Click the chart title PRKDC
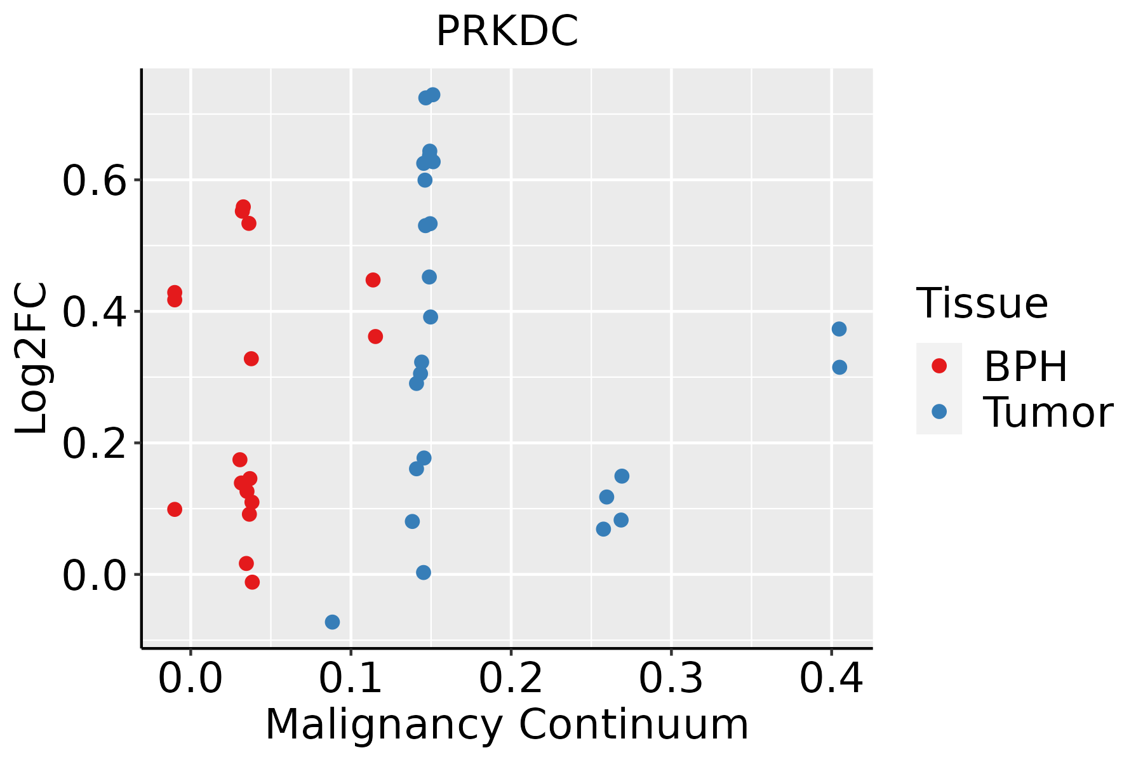[x=507, y=32]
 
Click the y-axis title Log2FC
[x=32, y=359]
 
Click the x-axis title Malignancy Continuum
[x=507, y=725]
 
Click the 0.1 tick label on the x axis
[x=351, y=679]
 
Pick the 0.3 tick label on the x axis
[x=671, y=679]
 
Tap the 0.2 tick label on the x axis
[x=511, y=679]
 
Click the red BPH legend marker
[x=939, y=366]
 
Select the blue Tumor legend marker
[x=939, y=411]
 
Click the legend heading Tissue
[x=982, y=304]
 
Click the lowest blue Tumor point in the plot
[x=332, y=622]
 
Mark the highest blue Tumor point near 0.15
[x=433, y=95]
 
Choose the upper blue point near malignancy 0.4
[x=839, y=329]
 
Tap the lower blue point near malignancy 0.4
[x=839, y=367]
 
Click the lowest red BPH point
[x=252, y=582]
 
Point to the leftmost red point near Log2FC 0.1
[x=175, y=509]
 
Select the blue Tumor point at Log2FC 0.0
[x=424, y=572]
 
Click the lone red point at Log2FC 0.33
[x=251, y=359]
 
